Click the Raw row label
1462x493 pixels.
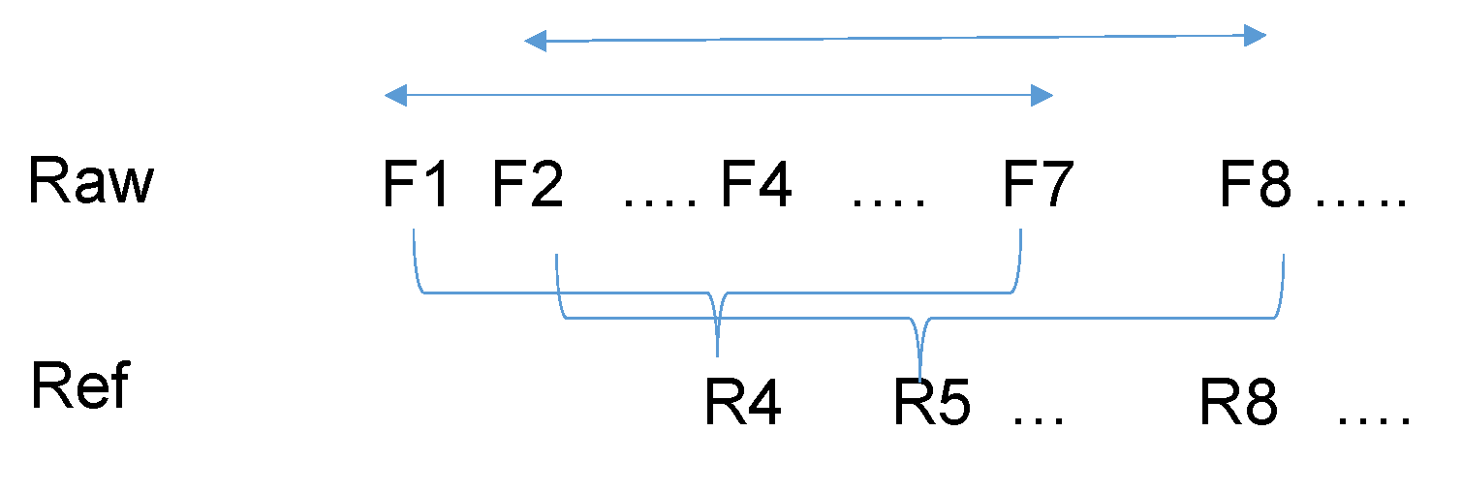click(x=90, y=181)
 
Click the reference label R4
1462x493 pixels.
click(x=742, y=402)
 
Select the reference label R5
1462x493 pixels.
click(x=932, y=402)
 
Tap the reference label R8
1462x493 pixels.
click(x=1238, y=402)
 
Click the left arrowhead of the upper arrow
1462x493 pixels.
click(x=535, y=41)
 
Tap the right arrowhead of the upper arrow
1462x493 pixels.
click(x=1257, y=37)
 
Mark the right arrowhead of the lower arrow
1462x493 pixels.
click(x=1042, y=95)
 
